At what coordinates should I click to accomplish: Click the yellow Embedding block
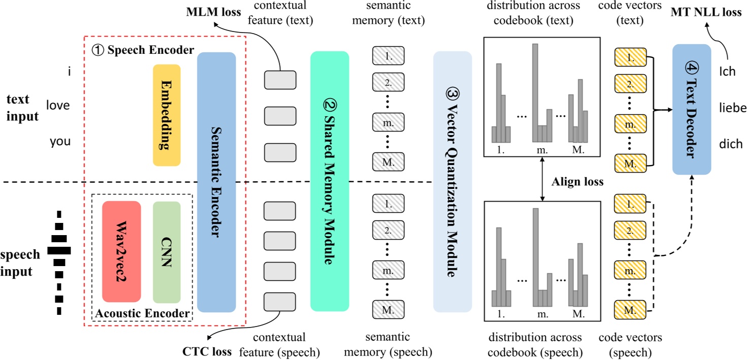[167, 115]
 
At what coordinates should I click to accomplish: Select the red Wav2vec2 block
[121, 251]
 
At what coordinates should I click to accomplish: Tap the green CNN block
[167, 251]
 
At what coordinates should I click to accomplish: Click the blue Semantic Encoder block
[216, 182]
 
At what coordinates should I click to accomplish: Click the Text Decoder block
[691, 109]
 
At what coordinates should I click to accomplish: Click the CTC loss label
[207, 351]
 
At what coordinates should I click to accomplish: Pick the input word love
[58, 106]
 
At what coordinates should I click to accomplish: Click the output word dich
[731, 144]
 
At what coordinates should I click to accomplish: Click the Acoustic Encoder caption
[142, 313]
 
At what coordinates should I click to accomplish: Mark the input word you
[60, 141]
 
